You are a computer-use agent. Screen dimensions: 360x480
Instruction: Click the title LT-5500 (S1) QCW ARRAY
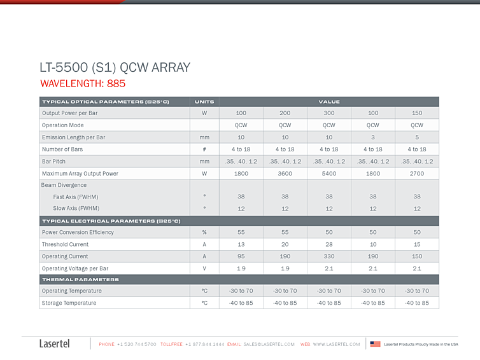(x=115, y=68)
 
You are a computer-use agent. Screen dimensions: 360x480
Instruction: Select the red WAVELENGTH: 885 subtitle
(x=83, y=83)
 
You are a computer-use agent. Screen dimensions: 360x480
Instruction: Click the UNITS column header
(x=204, y=102)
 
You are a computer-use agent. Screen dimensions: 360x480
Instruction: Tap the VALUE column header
(x=329, y=102)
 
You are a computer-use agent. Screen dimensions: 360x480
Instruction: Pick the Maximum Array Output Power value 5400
(x=329, y=174)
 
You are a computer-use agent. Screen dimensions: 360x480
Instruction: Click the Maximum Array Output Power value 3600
(x=285, y=174)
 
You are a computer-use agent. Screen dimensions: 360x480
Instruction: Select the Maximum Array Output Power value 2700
(x=417, y=174)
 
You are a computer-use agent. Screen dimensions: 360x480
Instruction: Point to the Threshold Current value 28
(x=329, y=244)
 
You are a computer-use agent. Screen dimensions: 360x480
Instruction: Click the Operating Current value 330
(x=329, y=256)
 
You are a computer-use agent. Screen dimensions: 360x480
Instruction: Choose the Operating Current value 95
(x=241, y=256)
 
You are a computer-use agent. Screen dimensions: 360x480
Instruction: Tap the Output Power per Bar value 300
(x=329, y=113)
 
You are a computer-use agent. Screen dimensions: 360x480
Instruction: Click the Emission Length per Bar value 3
(x=373, y=137)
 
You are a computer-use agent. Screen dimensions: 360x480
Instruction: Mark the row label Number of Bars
(x=62, y=149)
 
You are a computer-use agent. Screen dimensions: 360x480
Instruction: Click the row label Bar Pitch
(x=53, y=162)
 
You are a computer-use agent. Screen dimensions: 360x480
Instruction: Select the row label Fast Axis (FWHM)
(x=76, y=197)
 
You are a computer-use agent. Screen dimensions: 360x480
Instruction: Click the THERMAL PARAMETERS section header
(x=80, y=280)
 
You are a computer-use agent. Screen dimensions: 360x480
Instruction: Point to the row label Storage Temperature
(x=69, y=303)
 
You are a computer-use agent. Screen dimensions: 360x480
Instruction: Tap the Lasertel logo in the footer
(x=55, y=343)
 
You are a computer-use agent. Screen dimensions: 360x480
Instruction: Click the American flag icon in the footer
(x=376, y=344)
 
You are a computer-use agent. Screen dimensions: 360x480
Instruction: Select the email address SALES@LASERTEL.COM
(x=269, y=344)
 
